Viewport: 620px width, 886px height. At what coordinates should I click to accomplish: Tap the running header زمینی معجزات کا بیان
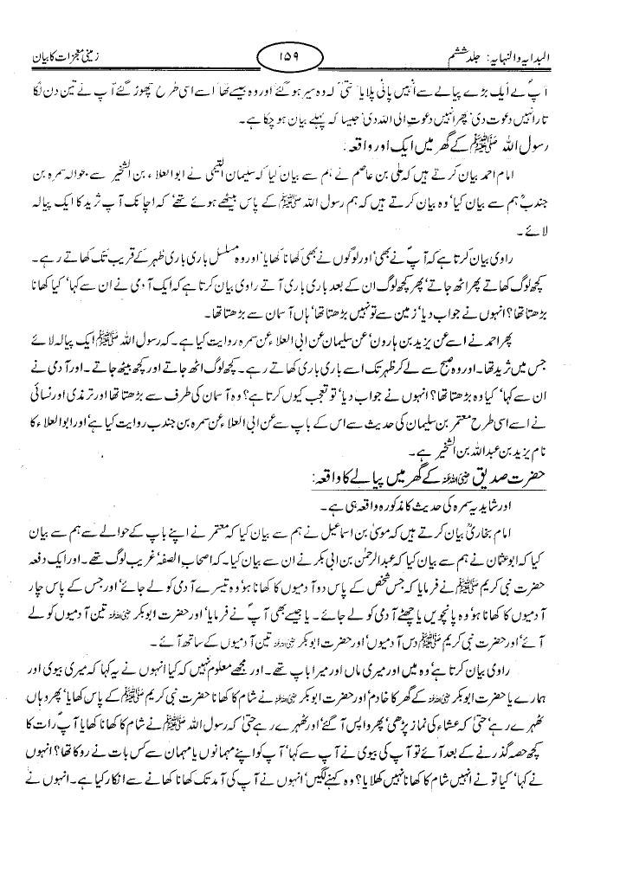[65, 60]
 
